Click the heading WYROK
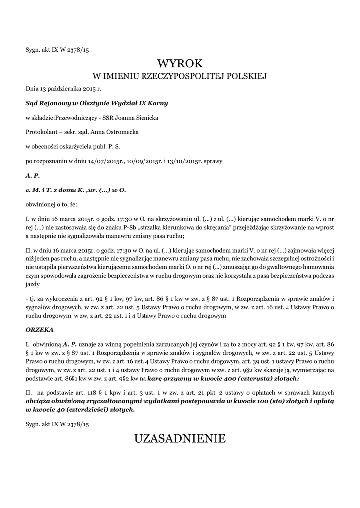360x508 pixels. coord(180,63)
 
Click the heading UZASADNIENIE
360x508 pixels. coord(180,438)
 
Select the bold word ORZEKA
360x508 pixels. coord(39,329)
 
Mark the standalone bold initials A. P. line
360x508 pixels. coord(33,175)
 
